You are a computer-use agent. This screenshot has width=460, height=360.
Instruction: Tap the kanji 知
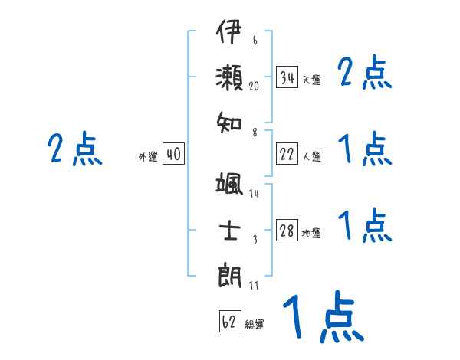229,121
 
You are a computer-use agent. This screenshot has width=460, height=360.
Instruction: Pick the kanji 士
229,231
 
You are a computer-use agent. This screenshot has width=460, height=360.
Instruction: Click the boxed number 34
287,78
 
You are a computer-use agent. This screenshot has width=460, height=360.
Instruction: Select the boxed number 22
287,155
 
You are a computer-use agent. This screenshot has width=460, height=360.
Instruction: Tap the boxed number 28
287,231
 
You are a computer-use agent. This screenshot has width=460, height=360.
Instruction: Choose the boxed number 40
173,155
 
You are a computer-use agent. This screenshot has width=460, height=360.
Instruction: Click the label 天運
311,80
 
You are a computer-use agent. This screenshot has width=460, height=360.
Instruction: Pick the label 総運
255,324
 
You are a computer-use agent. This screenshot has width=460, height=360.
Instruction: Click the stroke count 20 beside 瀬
255,87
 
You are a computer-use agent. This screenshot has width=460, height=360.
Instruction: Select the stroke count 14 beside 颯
254,194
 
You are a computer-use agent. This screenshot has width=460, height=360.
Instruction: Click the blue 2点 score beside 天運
364,74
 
